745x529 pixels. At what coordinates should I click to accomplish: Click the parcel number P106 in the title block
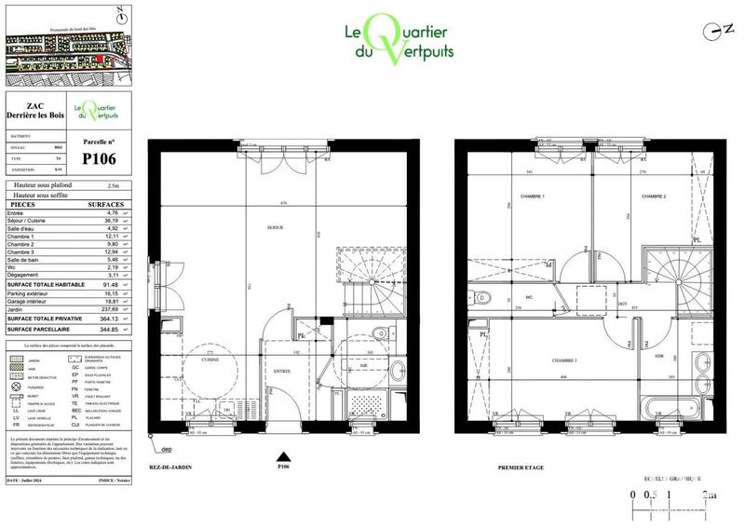(x=99, y=158)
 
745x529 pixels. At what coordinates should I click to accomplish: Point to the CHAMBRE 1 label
(x=506, y=197)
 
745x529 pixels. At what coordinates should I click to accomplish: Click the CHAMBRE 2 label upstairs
(x=653, y=197)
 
